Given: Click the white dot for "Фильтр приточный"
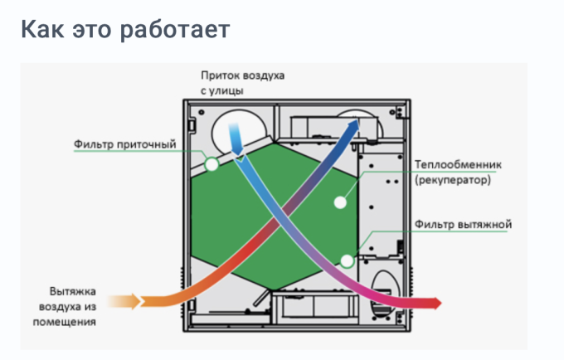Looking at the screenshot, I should point(211,165).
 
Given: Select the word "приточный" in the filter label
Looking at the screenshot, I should point(149,145).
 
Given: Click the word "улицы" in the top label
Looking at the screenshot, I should point(228,90).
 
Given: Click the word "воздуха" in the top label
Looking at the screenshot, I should point(263,75).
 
